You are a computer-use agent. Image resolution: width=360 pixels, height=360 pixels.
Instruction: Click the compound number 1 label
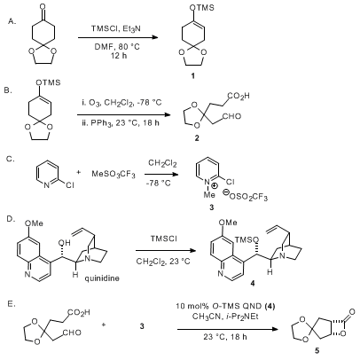pos(192,76)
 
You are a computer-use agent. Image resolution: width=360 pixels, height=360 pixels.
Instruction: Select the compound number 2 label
pos(197,137)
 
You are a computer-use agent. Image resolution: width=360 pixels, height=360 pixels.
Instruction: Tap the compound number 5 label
pos(317,350)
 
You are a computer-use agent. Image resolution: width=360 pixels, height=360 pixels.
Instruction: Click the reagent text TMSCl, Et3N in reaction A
pos(116,28)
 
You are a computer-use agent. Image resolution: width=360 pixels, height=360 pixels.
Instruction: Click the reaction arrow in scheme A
pos(118,37)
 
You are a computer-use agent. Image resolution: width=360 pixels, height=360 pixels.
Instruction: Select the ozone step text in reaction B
pos(121,103)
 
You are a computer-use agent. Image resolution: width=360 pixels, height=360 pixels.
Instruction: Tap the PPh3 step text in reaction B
pos(121,123)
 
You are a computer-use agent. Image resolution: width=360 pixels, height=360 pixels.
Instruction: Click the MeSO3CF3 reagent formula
pos(113,174)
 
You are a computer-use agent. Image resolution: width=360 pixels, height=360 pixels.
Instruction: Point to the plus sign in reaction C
pos(78,172)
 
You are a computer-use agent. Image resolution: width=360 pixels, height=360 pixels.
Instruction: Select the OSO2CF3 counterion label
pos(245,196)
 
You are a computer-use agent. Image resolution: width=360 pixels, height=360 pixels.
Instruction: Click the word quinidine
pos(102,278)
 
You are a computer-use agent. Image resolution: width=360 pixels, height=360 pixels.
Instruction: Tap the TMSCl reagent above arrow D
pos(163,239)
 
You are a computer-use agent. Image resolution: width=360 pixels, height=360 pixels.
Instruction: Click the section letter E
pos(12,304)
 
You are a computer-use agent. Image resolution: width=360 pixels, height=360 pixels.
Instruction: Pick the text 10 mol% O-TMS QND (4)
pos(225,306)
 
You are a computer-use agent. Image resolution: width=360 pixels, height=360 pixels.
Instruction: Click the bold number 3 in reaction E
pos(142,326)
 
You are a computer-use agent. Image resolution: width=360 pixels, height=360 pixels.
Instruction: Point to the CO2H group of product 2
pos(239,96)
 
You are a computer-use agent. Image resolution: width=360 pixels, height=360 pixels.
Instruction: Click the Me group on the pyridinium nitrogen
pos(209,195)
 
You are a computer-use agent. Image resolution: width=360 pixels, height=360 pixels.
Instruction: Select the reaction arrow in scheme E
pos(228,329)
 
